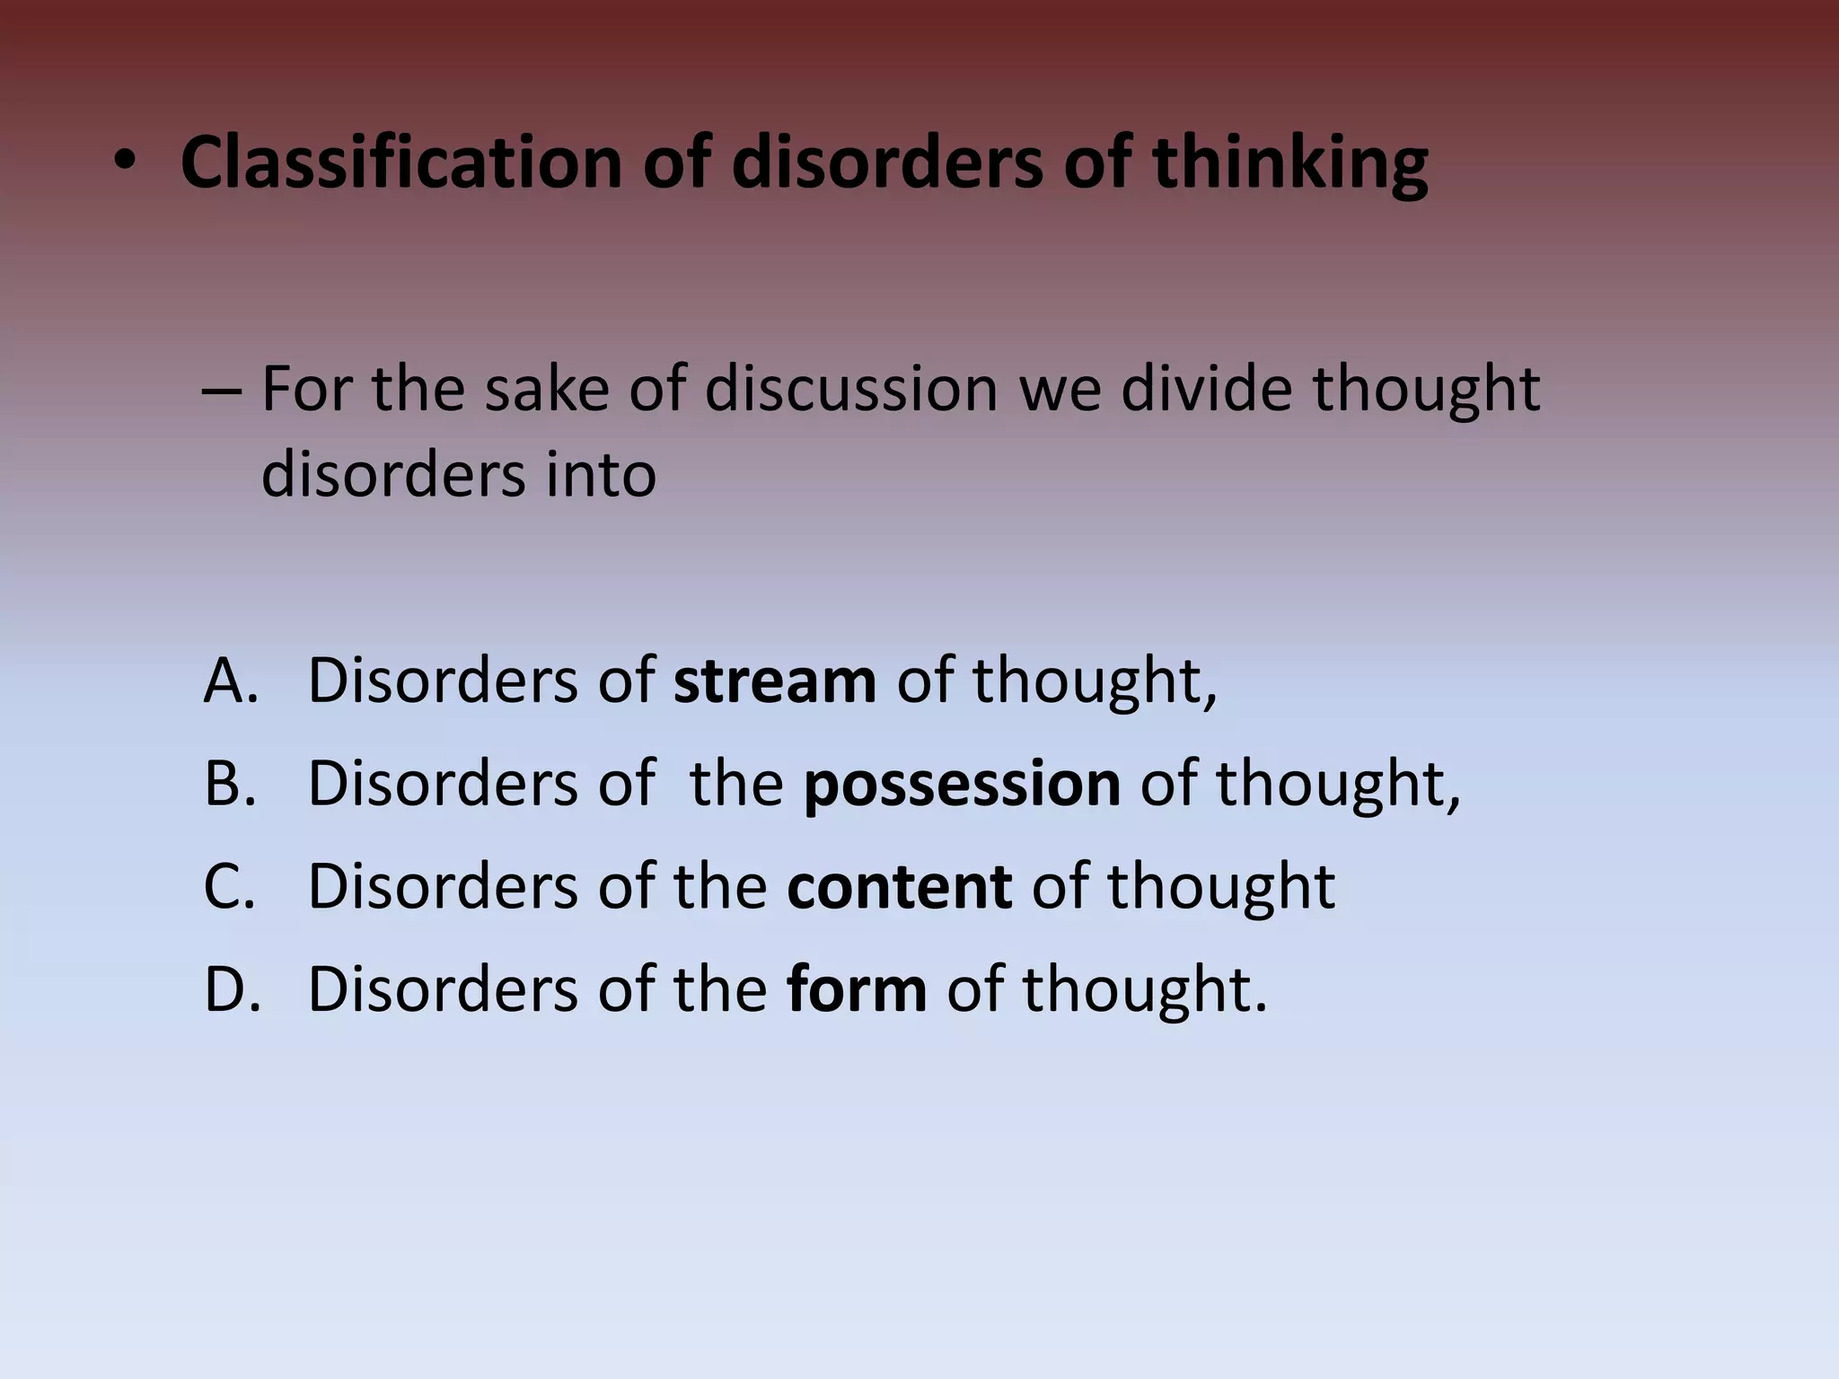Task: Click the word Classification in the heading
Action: click(x=400, y=162)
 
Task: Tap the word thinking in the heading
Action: click(x=1289, y=162)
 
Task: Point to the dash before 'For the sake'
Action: click(x=222, y=391)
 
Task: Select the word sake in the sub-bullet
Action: click(x=546, y=390)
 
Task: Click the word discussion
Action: click(x=850, y=390)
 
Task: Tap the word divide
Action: click(x=1206, y=390)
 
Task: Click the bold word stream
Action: click(x=774, y=680)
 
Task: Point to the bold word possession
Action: click(x=961, y=783)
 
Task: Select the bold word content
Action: click(x=899, y=886)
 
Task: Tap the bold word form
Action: click(x=856, y=988)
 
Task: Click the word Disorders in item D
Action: click(x=443, y=988)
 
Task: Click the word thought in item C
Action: click(x=1220, y=886)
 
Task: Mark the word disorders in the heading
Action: click(x=887, y=162)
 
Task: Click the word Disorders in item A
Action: click(x=443, y=680)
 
